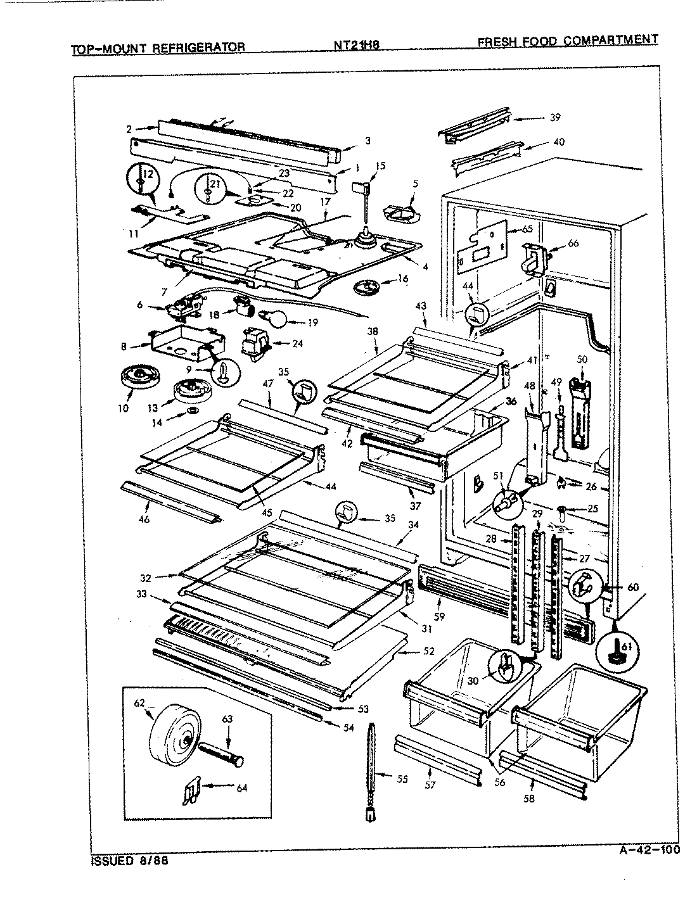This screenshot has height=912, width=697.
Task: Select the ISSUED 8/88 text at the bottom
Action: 131,861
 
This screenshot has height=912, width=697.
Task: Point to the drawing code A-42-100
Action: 648,849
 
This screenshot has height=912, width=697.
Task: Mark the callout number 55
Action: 402,779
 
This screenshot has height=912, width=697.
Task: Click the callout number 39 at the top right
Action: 555,117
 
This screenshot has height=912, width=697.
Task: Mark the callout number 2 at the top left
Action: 129,129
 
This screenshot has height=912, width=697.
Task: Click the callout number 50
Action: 582,359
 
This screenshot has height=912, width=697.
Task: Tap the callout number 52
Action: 429,650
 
